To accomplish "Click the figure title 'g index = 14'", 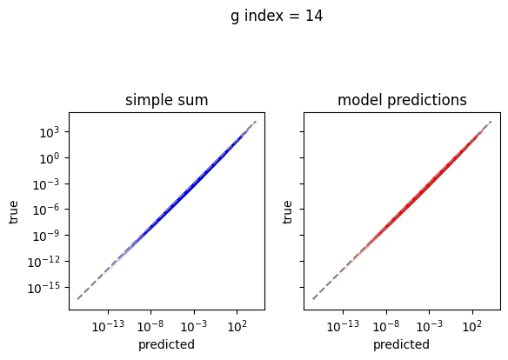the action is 277,17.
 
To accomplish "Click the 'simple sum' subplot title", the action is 166,100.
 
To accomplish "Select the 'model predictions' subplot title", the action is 402,100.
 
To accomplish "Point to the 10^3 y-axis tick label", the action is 50,132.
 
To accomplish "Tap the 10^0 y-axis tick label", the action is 50,158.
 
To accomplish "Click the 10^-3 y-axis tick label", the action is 46,183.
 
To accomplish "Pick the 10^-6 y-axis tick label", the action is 46,210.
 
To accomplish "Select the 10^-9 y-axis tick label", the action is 46,236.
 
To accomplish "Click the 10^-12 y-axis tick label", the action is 43,262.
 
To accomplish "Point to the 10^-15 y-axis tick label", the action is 43,288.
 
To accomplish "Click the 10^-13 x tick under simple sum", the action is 108,326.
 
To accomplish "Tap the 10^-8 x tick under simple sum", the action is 150,326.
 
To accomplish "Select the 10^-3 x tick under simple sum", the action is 194,326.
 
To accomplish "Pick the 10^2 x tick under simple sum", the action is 237,326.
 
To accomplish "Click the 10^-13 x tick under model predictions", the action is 343,326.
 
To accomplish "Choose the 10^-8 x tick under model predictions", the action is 386,326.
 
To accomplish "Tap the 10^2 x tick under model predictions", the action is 472,326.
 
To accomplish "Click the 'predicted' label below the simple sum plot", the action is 166,344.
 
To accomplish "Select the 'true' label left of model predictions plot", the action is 287,212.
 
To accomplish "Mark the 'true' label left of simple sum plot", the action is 13,212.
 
